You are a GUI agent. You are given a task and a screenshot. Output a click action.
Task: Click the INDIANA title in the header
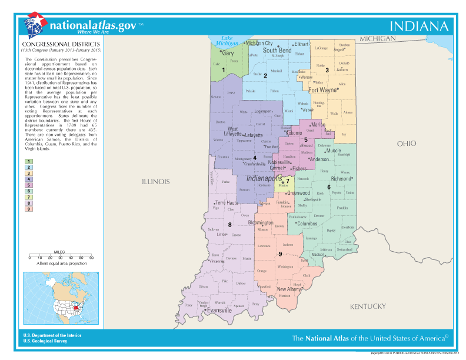coord(420,26)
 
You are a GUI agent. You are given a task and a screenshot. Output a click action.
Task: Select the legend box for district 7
coord(28,196)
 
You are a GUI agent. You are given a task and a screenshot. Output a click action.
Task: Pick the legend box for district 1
coord(28,161)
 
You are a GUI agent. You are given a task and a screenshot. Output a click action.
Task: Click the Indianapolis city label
coord(264,178)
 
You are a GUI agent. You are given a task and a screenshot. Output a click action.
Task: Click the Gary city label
coord(227,53)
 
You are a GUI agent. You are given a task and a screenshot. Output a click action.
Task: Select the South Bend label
coord(277,51)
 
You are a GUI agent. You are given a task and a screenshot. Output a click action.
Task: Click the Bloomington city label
coord(259,224)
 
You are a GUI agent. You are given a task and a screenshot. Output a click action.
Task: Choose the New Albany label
coord(289,289)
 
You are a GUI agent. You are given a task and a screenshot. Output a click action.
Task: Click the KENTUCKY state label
coord(368,306)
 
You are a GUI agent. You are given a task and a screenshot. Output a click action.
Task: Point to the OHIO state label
coord(406,144)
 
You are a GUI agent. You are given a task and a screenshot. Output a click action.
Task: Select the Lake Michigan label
coord(227,40)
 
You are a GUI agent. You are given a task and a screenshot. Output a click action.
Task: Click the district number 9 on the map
coord(280,254)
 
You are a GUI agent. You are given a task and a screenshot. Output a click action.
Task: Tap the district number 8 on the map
coord(229,225)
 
